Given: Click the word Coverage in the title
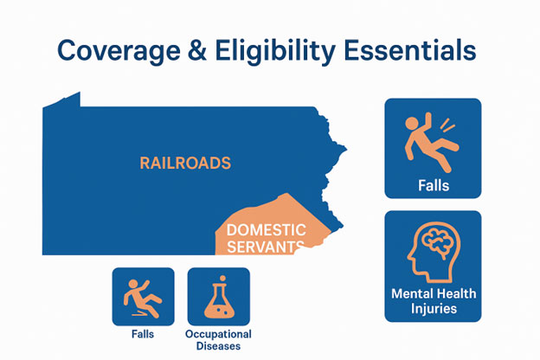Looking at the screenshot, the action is click(x=119, y=51).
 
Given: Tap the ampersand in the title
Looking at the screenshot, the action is click(x=197, y=50).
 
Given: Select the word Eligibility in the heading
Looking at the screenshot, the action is click(x=275, y=51).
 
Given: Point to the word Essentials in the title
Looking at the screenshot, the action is click(x=410, y=50).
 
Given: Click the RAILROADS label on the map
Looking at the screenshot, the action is click(x=185, y=163).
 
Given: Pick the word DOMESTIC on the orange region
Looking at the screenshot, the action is click(x=267, y=230).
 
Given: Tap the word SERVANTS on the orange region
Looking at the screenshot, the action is click(x=266, y=247).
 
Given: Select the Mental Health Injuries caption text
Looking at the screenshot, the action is click(x=434, y=301).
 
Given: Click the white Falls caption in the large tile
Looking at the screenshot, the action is click(x=434, y=186).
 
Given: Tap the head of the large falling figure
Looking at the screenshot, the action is click(x=412, y=123).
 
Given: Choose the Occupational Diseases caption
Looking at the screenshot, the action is click(x=218, y=340).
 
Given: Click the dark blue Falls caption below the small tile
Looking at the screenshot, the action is click(x=143, y=334).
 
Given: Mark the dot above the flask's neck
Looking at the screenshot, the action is click(x=222, y=278).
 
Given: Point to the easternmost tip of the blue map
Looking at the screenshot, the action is click(x=346, y=149).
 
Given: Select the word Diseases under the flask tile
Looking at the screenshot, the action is click(x=218, y=346).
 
